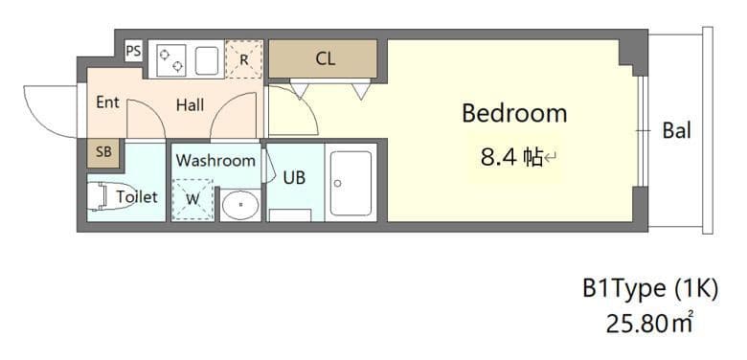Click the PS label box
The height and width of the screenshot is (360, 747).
tap(133, 49)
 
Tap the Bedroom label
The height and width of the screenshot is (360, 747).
tap(514, 113)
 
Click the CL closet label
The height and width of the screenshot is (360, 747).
tap(326, 59)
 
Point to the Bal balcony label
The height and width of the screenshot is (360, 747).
tap(676, 131)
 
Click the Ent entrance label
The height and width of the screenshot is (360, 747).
tap(107, 101)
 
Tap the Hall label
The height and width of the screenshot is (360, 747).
tap(190, 105)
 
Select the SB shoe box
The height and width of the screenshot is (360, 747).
tap(102, 151)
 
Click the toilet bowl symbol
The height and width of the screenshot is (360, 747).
tap(99, 195)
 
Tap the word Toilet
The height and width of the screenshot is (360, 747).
tap(136, 196)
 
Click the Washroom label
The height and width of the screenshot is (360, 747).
tap(215, 160)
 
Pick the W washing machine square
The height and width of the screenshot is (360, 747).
tap(192, 199)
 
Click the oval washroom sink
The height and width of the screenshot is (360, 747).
tap(239, 203)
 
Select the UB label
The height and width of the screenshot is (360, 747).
tap(294, 177)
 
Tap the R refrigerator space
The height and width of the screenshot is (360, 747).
tap(244, 59)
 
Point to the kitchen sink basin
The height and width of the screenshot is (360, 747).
tap(208, 60)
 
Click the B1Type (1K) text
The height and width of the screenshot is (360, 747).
tap(649, 288)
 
